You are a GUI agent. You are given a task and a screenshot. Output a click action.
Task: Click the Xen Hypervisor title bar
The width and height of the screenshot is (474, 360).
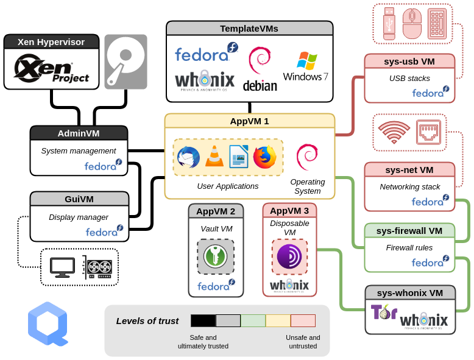[x=51, y=42]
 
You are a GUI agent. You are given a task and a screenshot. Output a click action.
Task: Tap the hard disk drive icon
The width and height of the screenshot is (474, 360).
[x=126, y=62]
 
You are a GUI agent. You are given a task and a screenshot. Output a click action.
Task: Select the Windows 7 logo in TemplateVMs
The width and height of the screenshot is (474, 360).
[x=306, y=66]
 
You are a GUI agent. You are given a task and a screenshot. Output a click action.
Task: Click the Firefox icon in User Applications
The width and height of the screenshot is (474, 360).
[x=264, y=157]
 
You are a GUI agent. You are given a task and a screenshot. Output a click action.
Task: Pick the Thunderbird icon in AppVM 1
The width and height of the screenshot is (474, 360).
[x=188, y=157]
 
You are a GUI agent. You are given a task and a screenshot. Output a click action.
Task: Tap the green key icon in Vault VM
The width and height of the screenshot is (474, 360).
[x=216, y=256]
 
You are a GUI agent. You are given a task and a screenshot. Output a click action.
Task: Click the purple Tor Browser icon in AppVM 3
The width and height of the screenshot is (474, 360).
[x=289, y=256]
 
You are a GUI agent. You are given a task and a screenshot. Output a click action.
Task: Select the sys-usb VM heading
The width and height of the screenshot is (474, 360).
[x=409, y=61]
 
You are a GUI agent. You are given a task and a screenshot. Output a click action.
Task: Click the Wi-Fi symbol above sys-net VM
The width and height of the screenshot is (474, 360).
[x=394, y=132]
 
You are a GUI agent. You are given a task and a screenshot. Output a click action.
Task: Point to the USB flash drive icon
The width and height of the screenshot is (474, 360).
[x=390, y=23]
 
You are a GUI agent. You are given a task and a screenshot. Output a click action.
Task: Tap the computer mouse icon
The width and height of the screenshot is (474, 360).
[x=412, y=23]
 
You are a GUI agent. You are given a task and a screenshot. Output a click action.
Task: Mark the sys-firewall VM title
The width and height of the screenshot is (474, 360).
[x=409, y=230]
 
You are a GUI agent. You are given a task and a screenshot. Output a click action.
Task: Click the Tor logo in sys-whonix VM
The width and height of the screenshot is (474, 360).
[x=384, y=312]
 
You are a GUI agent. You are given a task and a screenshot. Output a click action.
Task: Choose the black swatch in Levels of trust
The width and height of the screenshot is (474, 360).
[x=203, y=320]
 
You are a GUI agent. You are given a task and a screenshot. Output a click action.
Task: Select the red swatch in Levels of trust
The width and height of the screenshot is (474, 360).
[x=303, y=320]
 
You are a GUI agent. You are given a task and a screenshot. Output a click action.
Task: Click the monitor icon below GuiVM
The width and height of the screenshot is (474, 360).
[x=62, y=267]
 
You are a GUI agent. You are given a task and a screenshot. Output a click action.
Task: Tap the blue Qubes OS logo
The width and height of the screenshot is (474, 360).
[x=47, y=326]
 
